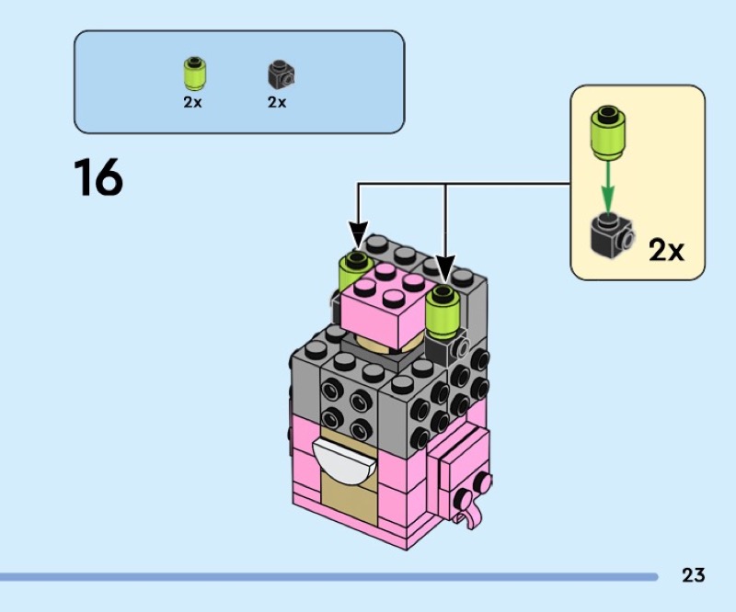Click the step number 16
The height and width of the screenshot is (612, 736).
[98, 178]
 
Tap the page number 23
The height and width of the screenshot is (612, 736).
[694, 576]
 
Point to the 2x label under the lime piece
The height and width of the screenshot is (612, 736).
[192, 103]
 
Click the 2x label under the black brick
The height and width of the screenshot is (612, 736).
[277, 103]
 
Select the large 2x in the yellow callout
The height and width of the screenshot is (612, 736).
[667, 249]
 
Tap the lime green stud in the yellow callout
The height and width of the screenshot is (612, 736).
[607, 129]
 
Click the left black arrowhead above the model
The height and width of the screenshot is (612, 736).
[357, 236]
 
